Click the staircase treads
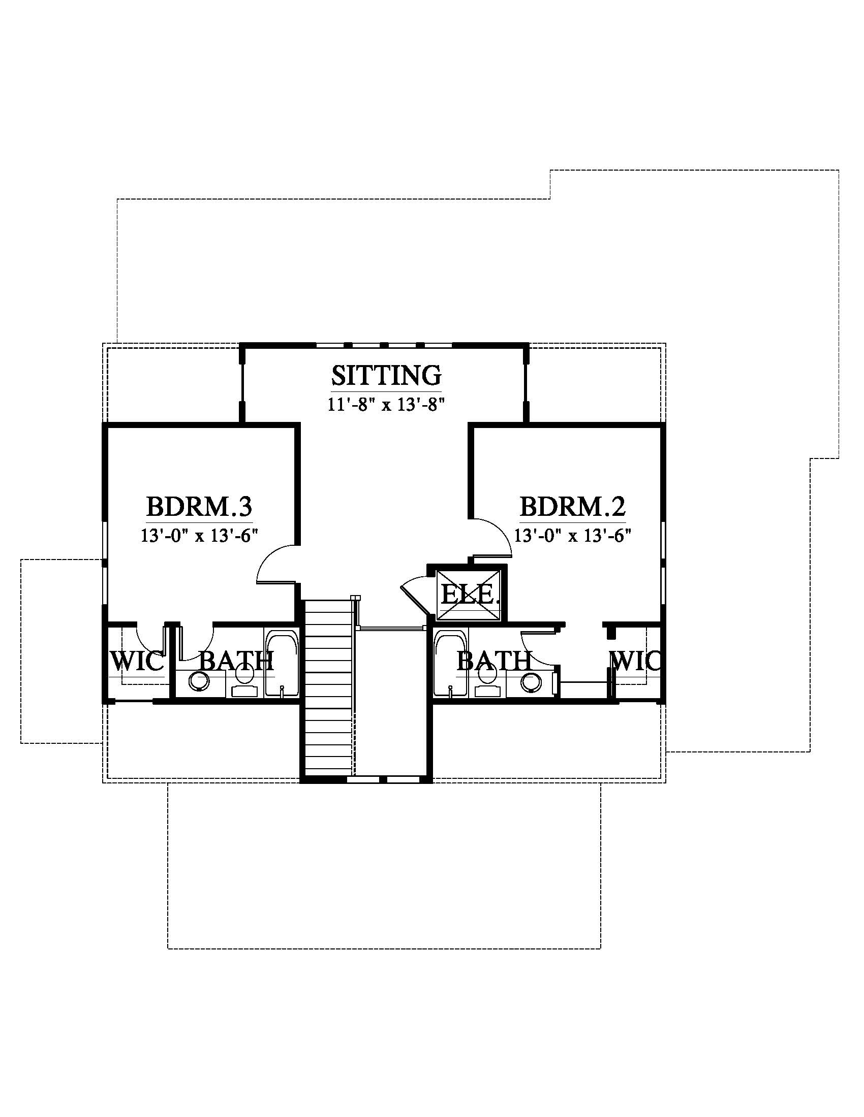(x=330, y=688)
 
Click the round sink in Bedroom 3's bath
(x=199, y=682)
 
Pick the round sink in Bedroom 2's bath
(x=532, y=682)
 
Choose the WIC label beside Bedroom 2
(x=635, y=662)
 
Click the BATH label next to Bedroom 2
(x=494, y=661)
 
